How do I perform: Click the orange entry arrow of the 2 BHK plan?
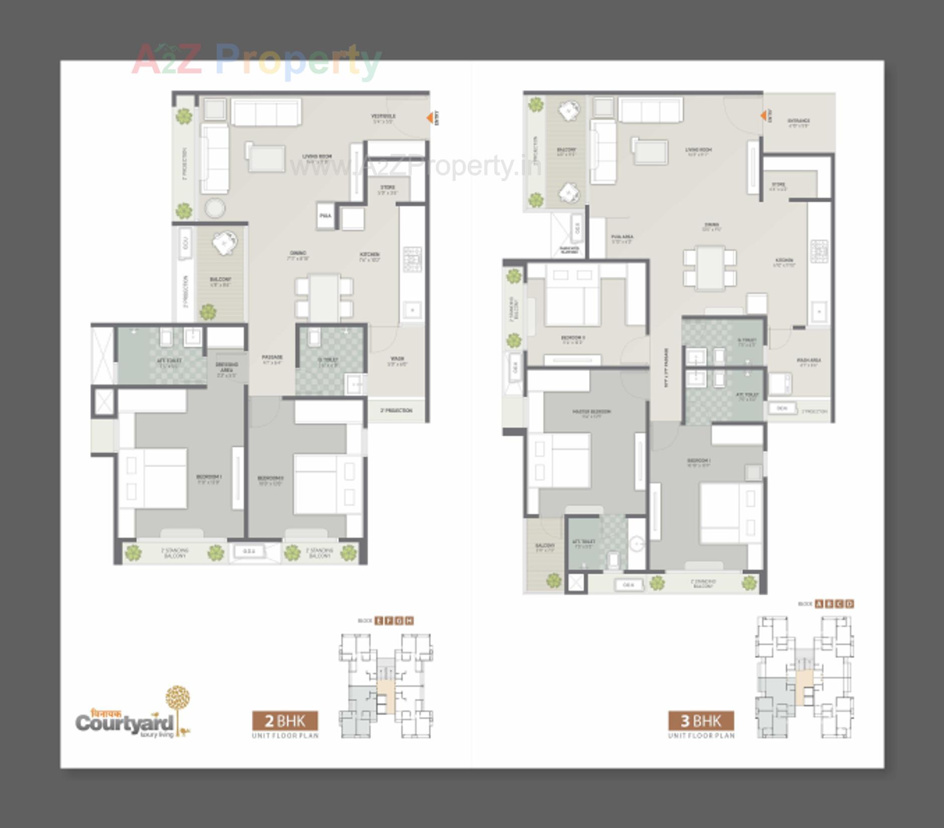click(x=430, y=118)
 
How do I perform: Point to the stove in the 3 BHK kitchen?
click(x=819, y=251)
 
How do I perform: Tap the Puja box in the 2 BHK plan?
click(x=326, y=216)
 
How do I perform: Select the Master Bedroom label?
click(x=591, y=413)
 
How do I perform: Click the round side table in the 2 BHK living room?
click(x=215, y=208)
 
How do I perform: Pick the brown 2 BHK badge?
click(x=284, y=721)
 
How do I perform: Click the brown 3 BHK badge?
click(x=701, y=721)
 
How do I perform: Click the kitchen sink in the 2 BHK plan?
click(x=412, y=310)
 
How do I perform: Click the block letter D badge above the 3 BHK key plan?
click(x=849, y=604)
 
